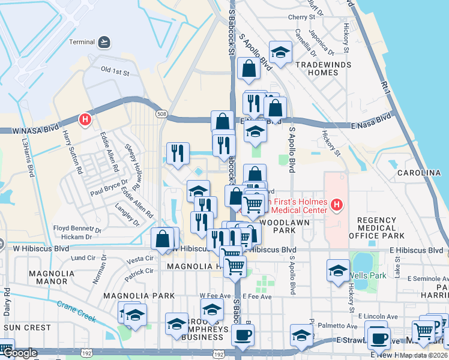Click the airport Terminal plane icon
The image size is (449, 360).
105,42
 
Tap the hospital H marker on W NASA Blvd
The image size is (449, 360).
86,119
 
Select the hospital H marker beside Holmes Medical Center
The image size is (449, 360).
336,206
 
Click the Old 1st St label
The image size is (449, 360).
115,72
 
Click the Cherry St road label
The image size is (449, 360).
301,17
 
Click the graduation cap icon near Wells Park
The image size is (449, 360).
339,270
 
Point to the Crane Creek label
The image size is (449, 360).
77,311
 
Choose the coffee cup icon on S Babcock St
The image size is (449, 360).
243,335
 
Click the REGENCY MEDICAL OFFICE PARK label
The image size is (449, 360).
385,228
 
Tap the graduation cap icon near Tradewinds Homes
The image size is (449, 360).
280,53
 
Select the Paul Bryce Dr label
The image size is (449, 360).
109,187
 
